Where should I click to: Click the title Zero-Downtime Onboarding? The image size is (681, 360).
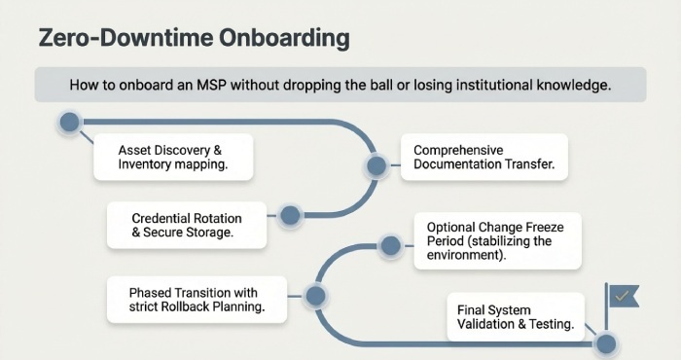click(192, 40)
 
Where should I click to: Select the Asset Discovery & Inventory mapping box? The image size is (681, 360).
click(172, 158)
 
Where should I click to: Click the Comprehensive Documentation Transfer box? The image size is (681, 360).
click(484, 158)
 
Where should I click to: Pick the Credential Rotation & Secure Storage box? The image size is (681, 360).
click(186, 226)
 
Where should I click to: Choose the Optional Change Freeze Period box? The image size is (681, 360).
click(496, 241)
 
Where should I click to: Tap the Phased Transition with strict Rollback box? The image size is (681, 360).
click(195, 299)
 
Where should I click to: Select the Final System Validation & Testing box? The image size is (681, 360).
click(515, 316)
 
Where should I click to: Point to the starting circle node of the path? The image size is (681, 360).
click(69, 123)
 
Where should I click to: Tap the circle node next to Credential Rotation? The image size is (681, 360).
click(288, 216)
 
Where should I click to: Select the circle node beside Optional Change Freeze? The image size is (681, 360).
click(390, 246)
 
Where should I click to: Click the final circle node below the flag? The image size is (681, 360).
click(606, 343)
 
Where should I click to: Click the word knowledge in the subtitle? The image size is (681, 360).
click(570, 86)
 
